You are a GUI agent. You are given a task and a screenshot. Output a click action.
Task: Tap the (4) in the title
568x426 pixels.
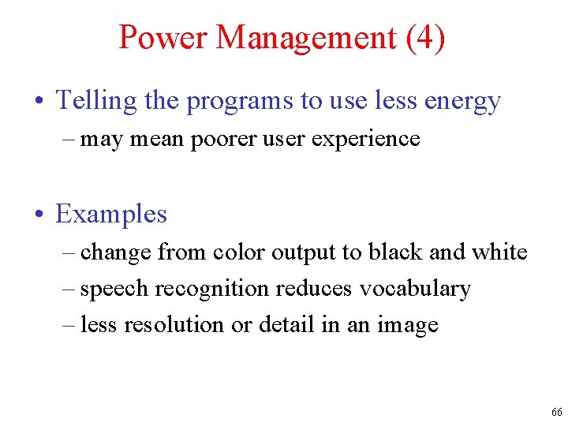click(x=425, y=38)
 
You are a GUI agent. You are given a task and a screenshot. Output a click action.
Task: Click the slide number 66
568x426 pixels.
click(x=556, y=413)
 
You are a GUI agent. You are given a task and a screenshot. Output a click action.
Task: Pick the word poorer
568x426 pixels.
click(x=207, y=140)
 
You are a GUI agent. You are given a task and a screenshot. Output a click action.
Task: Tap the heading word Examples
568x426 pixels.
click(x=111, y=214)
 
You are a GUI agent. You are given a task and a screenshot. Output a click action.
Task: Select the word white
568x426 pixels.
click(x=499, y=252)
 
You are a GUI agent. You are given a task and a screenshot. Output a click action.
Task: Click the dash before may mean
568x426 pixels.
click(x=68, y=140)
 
